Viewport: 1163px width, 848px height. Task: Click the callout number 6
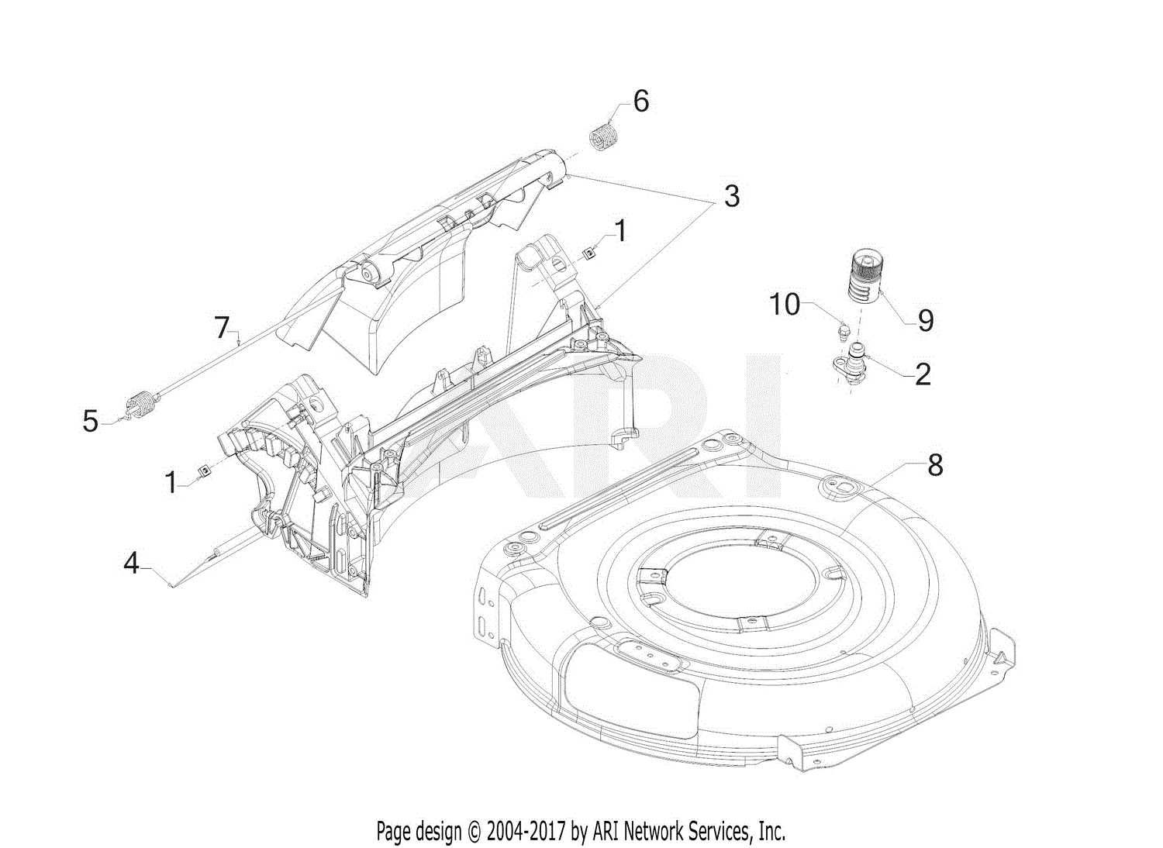[x=640, y=102]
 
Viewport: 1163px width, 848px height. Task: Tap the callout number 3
[x=731, y=197]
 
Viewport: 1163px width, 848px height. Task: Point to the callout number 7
[x=222, y=328]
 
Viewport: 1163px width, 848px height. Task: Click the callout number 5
[x=91, y=422]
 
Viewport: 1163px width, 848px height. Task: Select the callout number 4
[x=132, y=563]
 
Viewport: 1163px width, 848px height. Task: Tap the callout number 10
[x=785, y=305]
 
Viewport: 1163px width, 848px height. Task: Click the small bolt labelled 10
[x=842, y=331]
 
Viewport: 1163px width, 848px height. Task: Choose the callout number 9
[x=925, y=321]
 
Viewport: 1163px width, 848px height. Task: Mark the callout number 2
[x=923, y=374]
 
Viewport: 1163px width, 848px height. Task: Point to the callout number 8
[x=935, y=465]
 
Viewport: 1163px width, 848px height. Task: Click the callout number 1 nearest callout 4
[x=171, y=482]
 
